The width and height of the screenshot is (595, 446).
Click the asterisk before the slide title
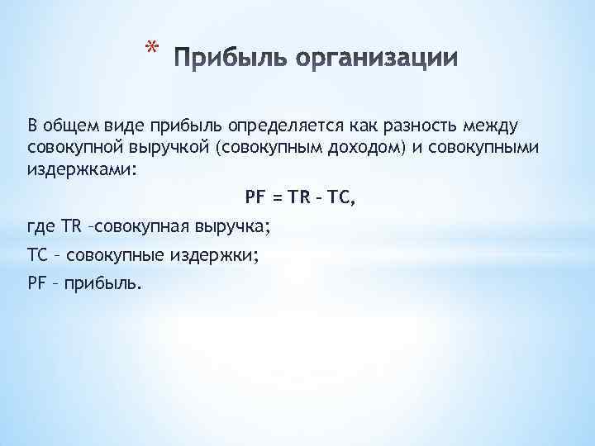[x=149, y=49]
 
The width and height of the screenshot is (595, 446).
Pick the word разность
[x=431, y=125]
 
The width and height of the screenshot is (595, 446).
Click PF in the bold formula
[x=256, y=196]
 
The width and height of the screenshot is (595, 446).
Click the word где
[x=40, y=225]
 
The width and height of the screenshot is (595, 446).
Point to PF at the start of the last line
[x=37, y=284]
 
